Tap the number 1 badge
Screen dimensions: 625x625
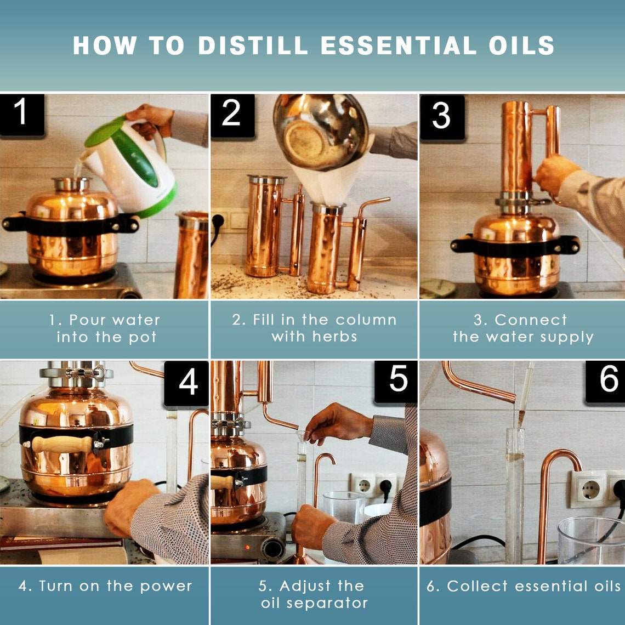tap(21, 114)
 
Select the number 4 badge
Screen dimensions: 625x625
tap(187, 383)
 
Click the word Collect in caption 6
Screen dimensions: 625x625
tap(471, 586)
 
